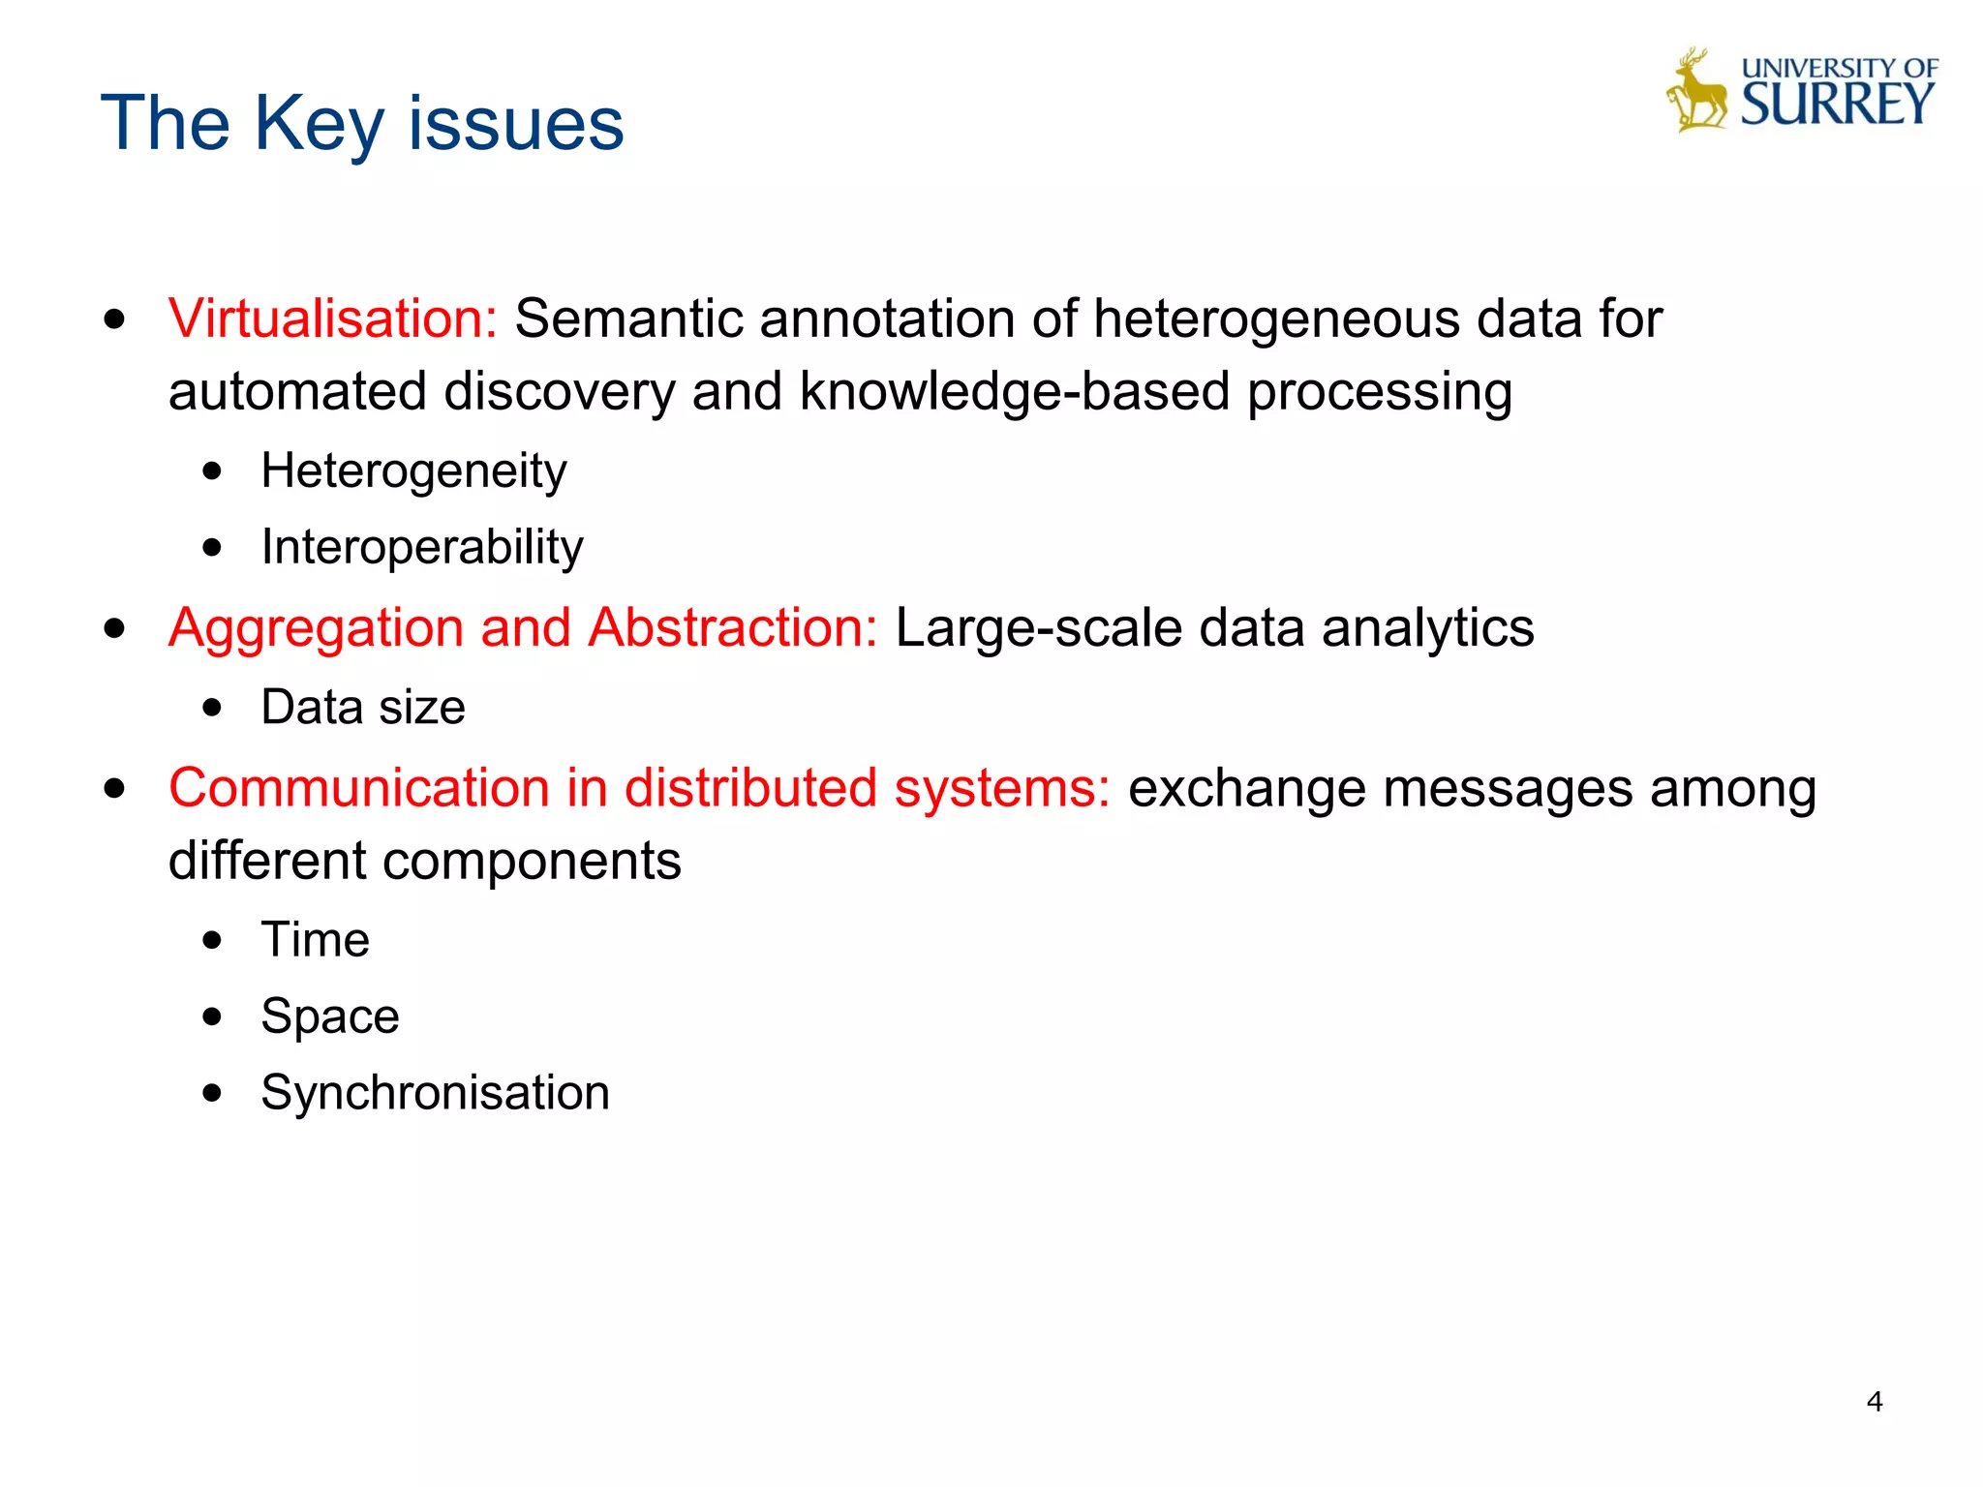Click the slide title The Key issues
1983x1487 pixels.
[x=362, y=123]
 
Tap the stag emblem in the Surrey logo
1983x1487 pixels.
[x=1697, y=92]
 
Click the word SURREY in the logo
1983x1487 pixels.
[x=1837, y=105]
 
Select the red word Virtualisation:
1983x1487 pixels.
[x=332, y=319]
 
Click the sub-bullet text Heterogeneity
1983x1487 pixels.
[x=413, y=471]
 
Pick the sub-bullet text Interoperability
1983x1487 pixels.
[x=422, y=548]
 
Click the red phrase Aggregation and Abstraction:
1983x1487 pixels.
[x=523, y=627]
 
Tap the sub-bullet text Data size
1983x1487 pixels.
[x=363, y=707]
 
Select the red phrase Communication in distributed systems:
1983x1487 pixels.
[x=639, y=787]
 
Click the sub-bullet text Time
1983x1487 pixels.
[x=315, y=939]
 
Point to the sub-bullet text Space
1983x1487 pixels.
[x=330, y=1017]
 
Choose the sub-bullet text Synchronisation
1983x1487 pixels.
[x=435, y=1093]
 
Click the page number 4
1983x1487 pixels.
[x=1875, y=1402]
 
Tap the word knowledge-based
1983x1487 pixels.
[x=1015, y=392]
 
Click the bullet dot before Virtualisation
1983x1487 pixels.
[x=115, y=320]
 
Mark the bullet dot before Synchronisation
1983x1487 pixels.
[x=213, y=1094]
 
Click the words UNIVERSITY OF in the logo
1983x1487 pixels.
[x=1839, y=68]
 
